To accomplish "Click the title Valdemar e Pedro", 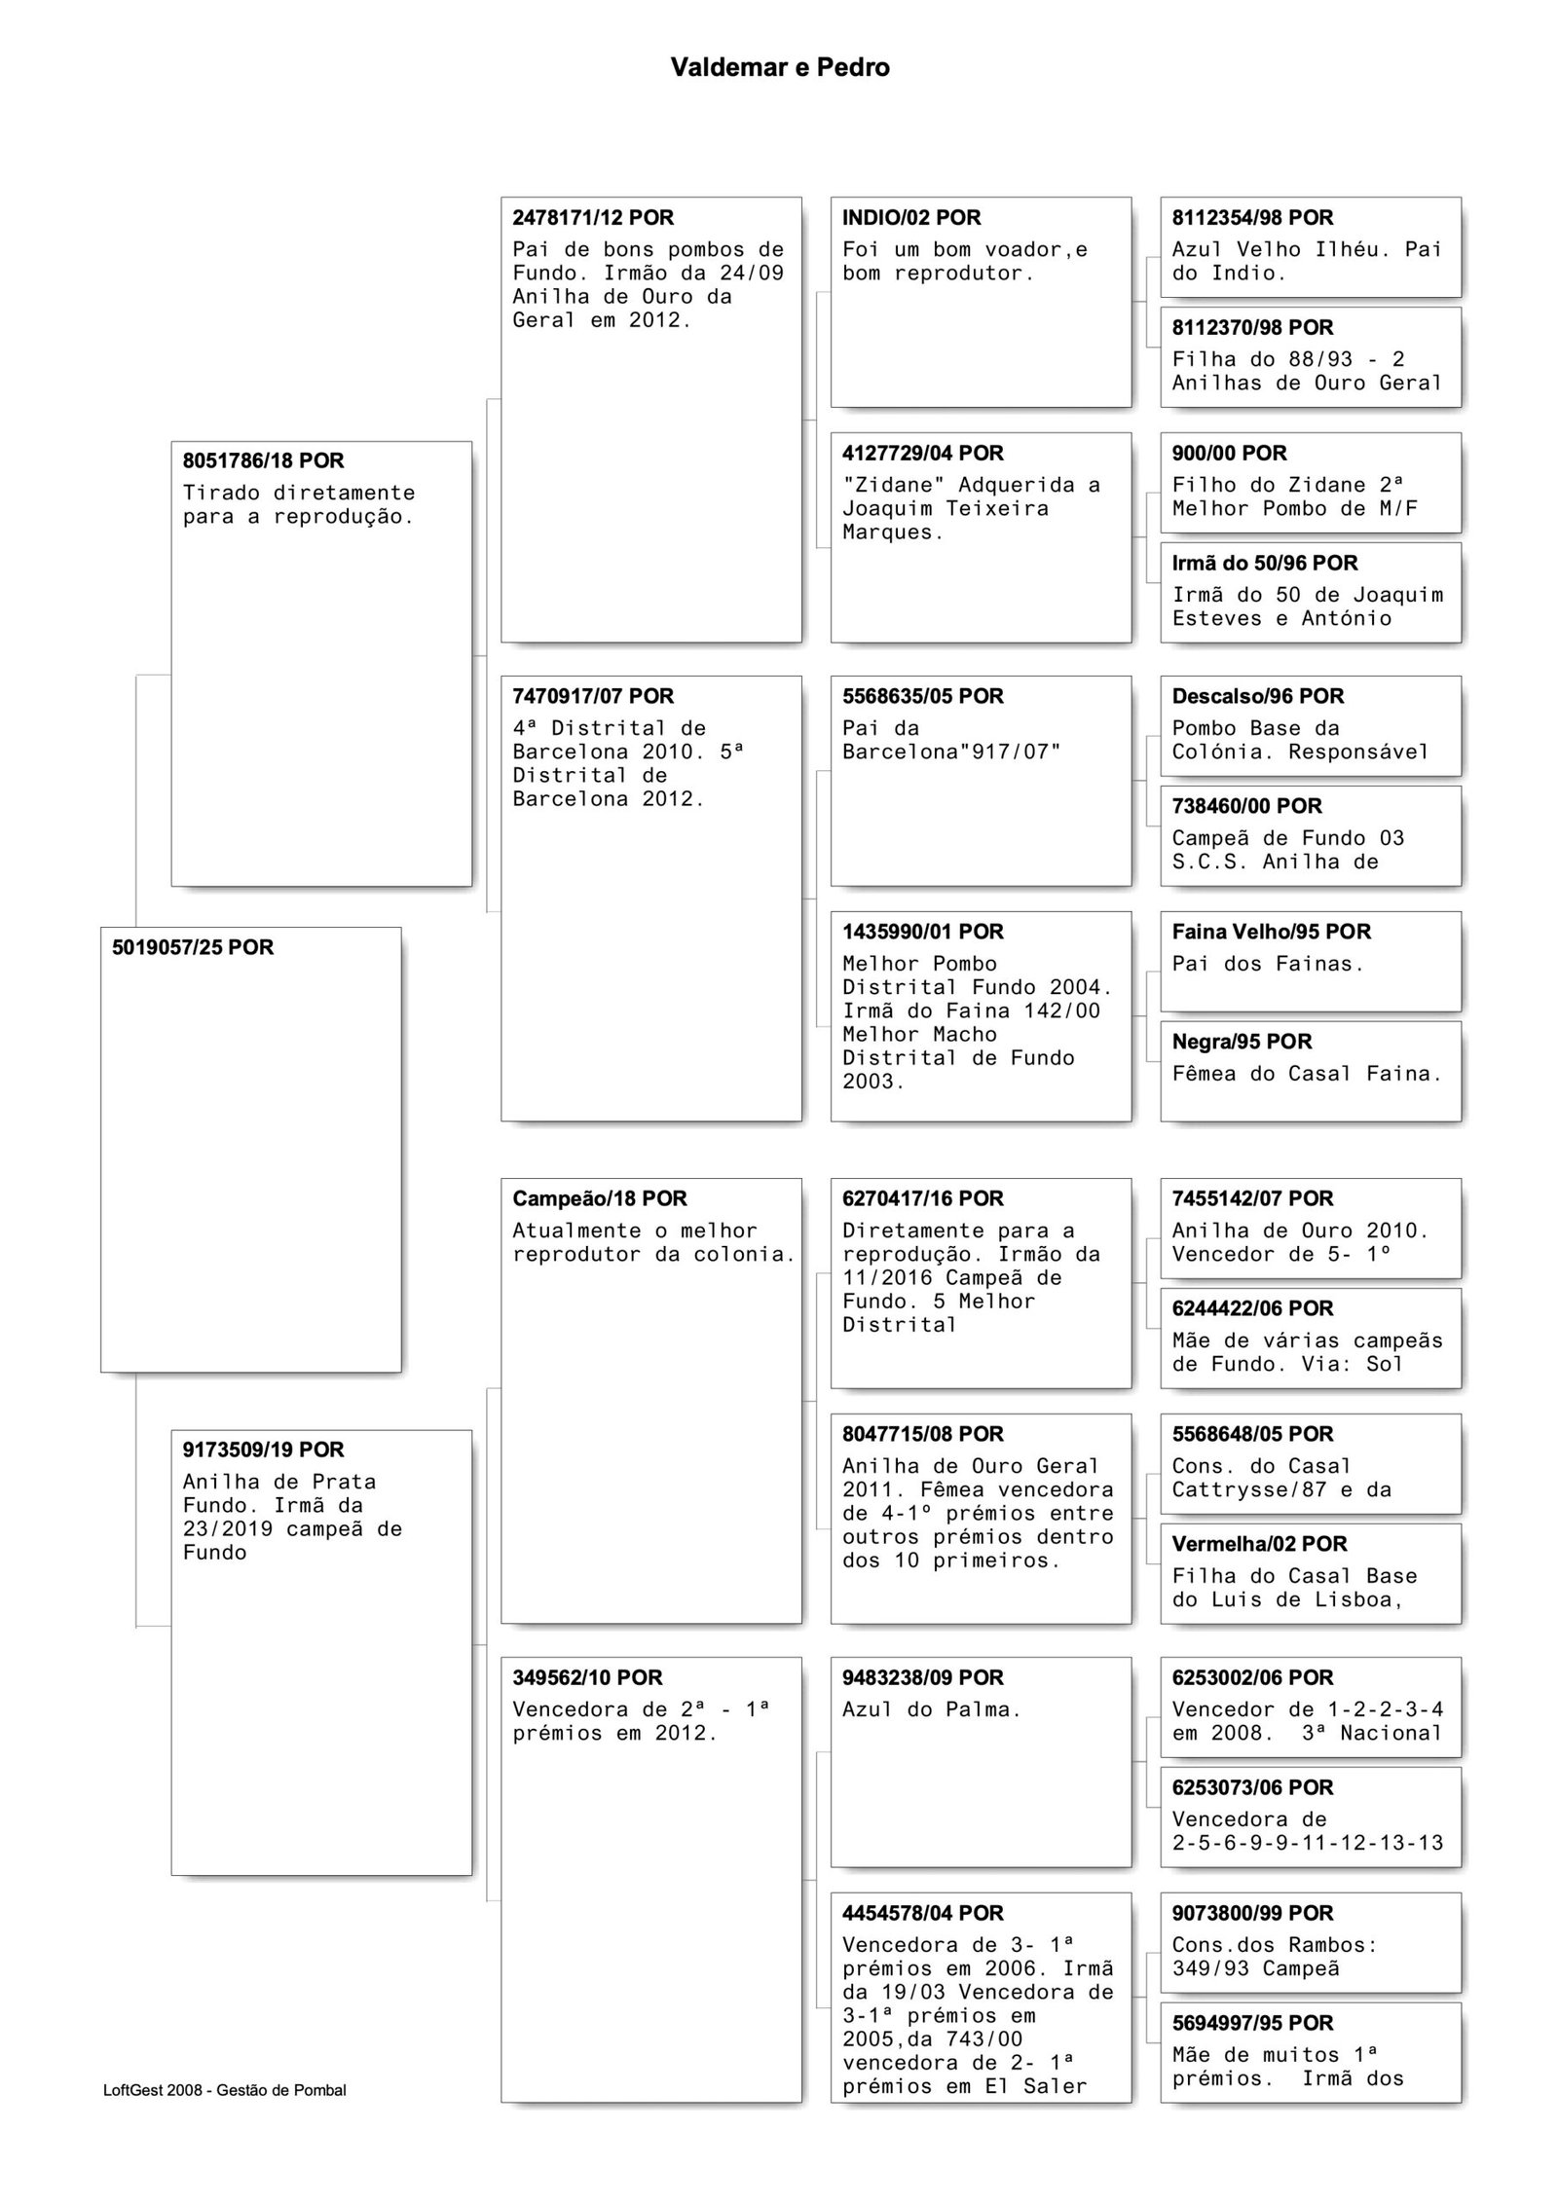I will tap(779, 67).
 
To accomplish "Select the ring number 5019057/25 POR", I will tap(193, 947).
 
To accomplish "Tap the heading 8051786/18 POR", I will tap(263, 460).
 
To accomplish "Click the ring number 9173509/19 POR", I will tap(263, 1450).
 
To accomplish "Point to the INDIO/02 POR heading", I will tap(911, 217).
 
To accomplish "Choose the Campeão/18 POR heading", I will tap(600, 1198).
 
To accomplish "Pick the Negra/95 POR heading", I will tap(1242, 1042).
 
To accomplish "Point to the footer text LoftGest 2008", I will tap(224, 2090).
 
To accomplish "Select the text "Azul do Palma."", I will tap(931, 1709).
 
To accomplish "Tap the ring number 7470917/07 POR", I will tap(593, 696).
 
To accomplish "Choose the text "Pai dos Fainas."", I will tap(1268, 964).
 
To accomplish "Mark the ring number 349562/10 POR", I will tap(587, 1677).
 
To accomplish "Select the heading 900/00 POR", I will tap(1229, 453).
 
